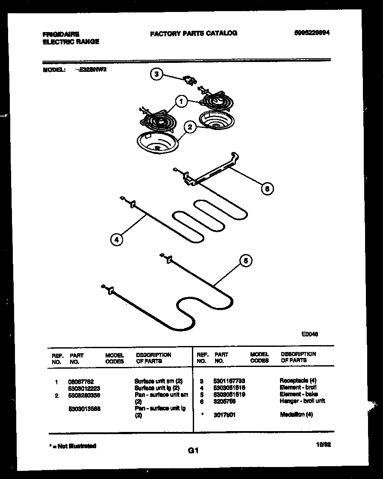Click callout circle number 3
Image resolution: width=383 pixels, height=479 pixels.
(x=156, y=74)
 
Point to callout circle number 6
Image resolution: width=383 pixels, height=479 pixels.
(x=267, y=189)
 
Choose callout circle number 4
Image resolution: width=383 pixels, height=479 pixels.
(x=116, y=239)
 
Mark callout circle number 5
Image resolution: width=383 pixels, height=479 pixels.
(x=245, y=261)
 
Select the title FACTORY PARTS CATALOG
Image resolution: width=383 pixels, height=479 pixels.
(x=193, y=33)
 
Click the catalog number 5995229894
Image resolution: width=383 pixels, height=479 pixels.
(x=312, y=33)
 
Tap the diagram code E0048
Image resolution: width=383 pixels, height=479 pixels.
(x=309, y=334)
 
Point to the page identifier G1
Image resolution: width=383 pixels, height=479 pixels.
(x=193, y=450)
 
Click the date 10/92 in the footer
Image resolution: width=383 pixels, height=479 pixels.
(x=323, y=445)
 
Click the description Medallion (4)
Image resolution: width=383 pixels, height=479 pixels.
(x=296, y=414)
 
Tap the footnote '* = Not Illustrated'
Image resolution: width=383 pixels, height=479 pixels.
(x=73, y=446)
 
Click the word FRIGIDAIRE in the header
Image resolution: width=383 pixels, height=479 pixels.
(x=61, y=34)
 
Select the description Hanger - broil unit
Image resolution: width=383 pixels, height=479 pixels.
(x=302, y=401)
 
